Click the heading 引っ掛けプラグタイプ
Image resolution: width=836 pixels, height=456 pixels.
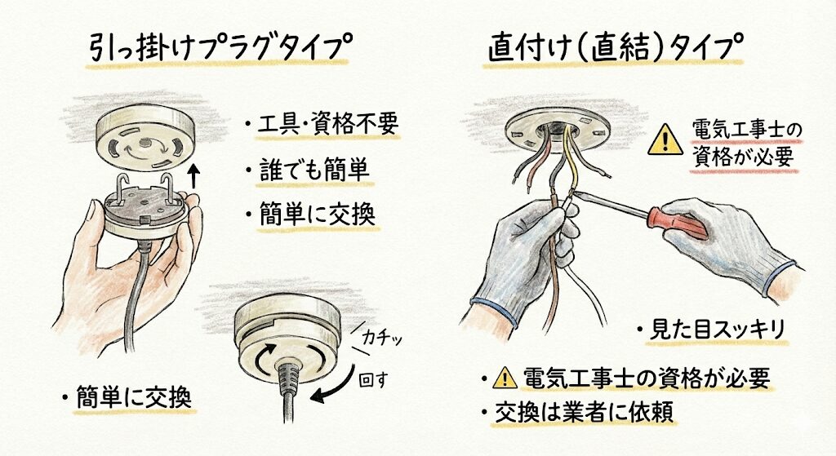220,47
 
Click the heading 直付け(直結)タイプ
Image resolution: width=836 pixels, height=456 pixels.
616,47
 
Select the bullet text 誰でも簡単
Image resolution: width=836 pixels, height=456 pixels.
314,170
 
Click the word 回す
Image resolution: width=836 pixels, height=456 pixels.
374,380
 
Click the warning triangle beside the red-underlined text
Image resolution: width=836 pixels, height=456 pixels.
665,139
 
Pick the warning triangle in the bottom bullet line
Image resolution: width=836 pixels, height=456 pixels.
505,379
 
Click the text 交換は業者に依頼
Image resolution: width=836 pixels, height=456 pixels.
584,413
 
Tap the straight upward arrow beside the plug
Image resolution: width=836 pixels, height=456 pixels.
193,176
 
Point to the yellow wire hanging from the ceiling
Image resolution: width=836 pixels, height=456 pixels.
571,160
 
